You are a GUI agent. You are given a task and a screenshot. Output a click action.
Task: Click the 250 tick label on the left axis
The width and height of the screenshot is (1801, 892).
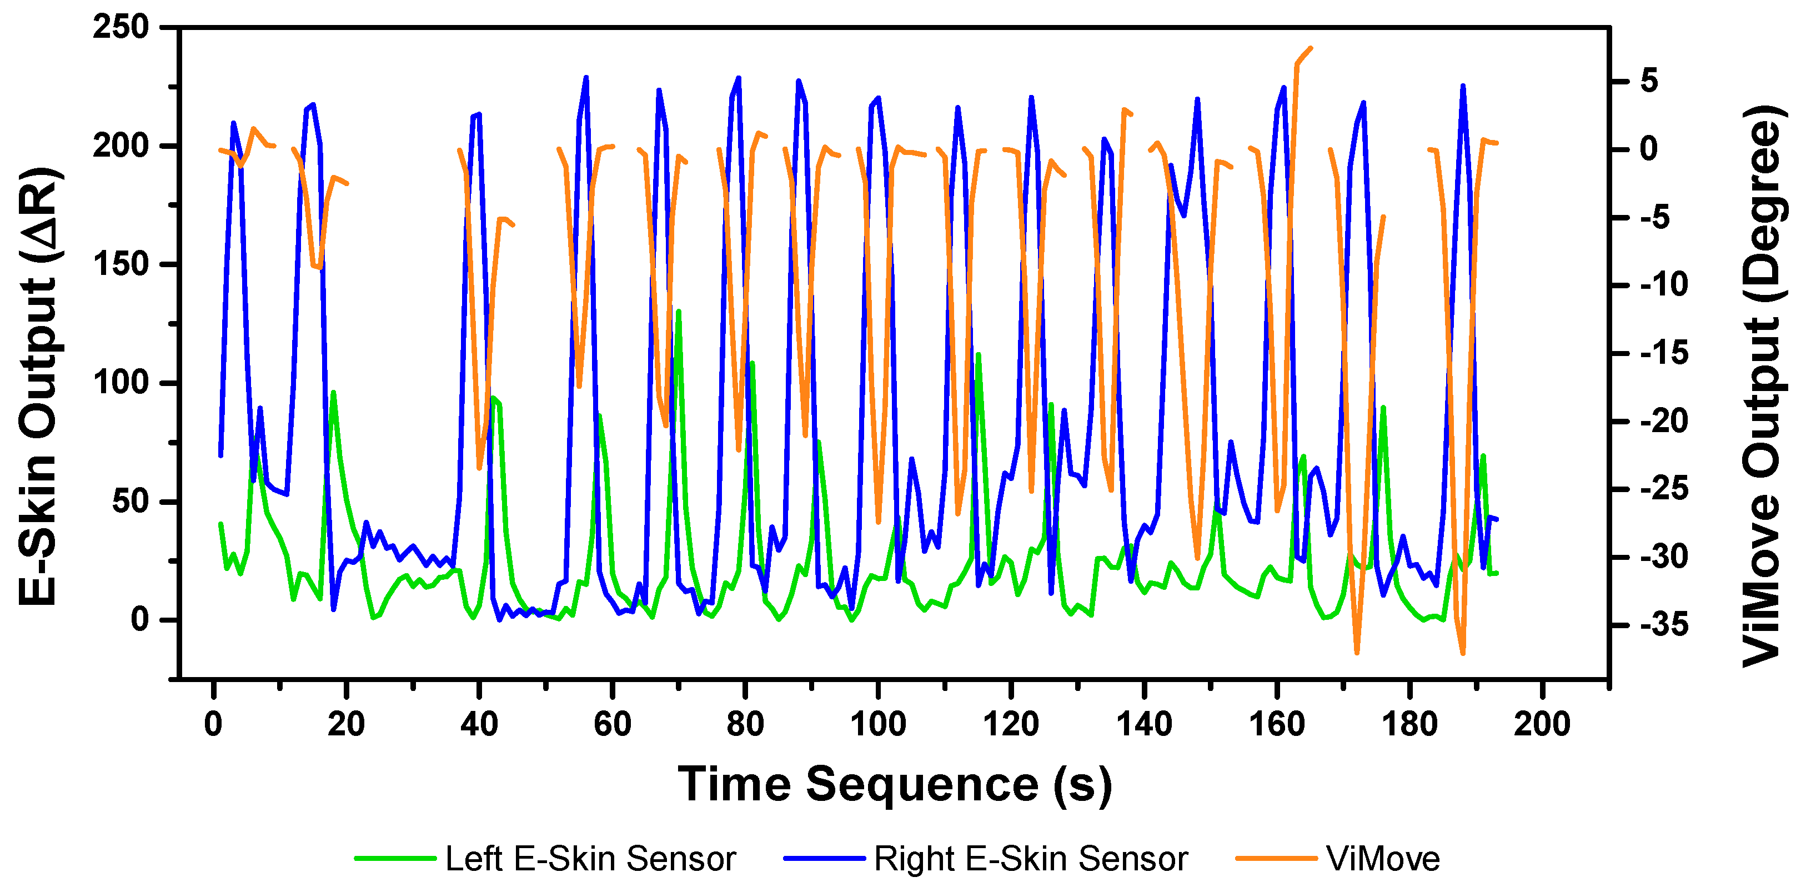pyautogui.click(x=121, y=28)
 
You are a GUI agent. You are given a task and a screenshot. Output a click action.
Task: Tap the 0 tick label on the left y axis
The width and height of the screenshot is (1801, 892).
pyautogui.click(x=139, y=619)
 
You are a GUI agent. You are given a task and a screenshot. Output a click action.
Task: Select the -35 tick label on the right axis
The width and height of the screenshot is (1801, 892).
pyautogui.click(x=1663, y=625)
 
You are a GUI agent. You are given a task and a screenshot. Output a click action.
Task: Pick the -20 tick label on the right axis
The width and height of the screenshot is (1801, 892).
pyautogui.click(x=1663, y=422)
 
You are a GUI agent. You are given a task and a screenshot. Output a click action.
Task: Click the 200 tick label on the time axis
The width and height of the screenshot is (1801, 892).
pyautogui.click(x=1542, y=724)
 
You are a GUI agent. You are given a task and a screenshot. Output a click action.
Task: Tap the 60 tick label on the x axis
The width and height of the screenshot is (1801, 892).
pyautogui.click(x=612, y=724)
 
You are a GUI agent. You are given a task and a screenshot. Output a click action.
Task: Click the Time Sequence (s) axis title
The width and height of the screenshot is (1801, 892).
pyautogui.click(x=894, y=784)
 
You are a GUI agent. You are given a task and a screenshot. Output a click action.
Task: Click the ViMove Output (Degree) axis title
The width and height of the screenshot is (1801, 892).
pyautogui.click(x=1761, y=386)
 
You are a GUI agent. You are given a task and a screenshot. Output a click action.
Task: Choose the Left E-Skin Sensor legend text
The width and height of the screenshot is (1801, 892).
pyautogui.click(x=590, y=859)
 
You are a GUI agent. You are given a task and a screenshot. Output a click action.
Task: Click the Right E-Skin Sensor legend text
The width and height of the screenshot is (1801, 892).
pyautogui.click(x=1031, y=859)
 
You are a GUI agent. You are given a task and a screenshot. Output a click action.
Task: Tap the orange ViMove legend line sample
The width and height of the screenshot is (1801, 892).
pyautogui.click(x=1276, y=859)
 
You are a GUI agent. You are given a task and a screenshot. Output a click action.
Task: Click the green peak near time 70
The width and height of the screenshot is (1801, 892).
pyautogui.click(x=678, y=311)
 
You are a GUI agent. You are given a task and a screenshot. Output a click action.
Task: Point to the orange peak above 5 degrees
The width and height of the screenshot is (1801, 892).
pyautogui.click(x=1310, y=48)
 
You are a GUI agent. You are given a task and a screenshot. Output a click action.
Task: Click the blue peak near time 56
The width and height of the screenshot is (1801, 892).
pyautogui.click(x=586, y=78)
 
